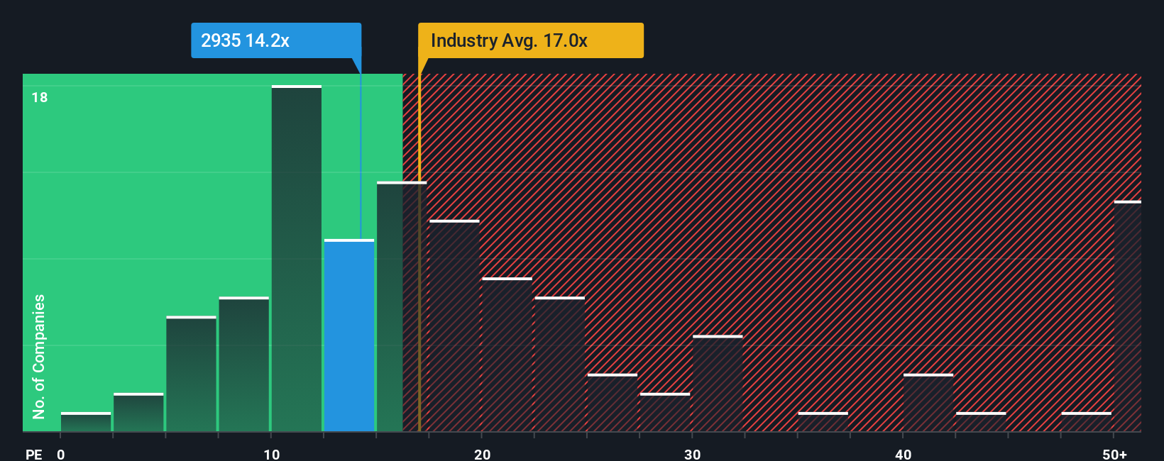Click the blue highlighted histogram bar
(349, 335)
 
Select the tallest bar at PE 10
(297, 259)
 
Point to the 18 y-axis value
(40, 98)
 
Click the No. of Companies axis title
(39, 356)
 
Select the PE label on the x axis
(33, 454)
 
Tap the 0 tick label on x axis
(61, 454)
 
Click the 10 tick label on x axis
(272, 454)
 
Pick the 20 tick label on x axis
(483, 454)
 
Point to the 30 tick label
(693, 454)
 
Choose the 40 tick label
(904, 454)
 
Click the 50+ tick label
(1115, 454)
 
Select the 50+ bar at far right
(1128, 316)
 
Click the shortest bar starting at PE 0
(86, 422)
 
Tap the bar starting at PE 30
(718, 384)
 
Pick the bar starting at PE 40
(928, 403)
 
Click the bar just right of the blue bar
(402, 306)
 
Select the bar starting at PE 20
(507, 355)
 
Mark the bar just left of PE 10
(244, 365)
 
